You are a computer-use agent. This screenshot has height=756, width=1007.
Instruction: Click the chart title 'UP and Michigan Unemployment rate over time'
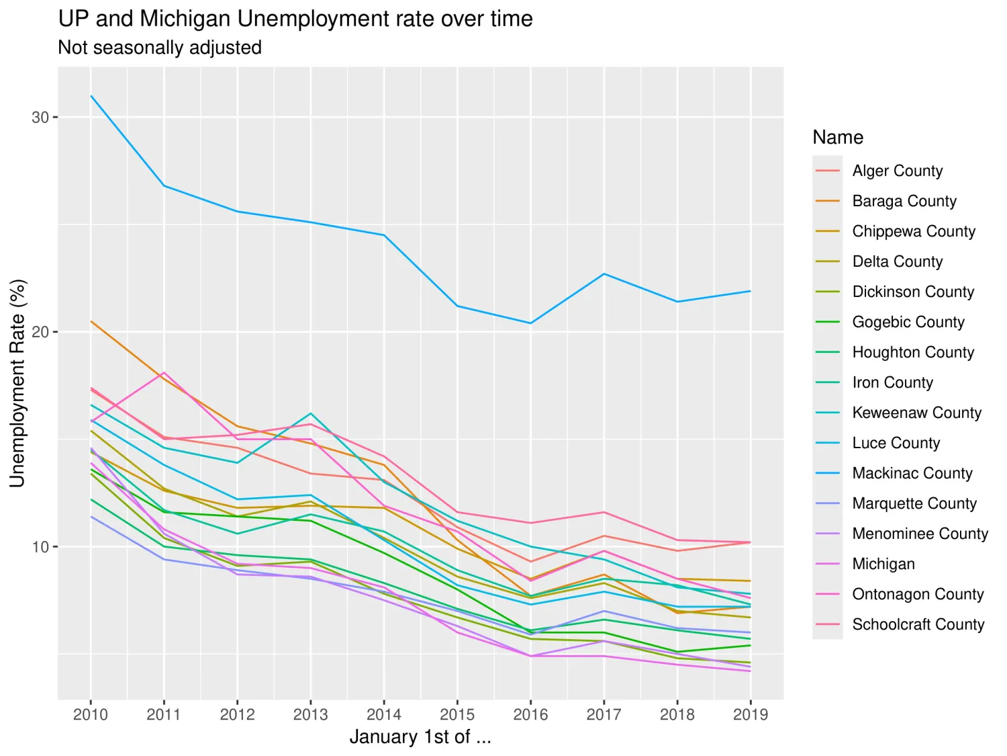(295, 19)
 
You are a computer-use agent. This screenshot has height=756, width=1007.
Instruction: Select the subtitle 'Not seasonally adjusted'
(160, 48)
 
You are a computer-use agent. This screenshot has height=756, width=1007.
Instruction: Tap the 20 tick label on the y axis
(40, 332)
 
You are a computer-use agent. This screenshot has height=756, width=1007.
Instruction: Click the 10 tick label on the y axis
(40, 547)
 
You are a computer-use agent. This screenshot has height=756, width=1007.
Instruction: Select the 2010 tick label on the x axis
(91, 714)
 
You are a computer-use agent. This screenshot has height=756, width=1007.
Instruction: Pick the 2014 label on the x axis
(384, 714)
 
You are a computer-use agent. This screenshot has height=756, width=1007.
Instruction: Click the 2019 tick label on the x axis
(751, 714)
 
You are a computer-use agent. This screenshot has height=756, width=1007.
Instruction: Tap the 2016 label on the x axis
(530, 714)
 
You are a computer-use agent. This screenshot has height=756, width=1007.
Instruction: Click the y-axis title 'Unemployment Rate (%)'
(17, 383)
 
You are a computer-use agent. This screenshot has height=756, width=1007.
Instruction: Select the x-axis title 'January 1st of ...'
(420, 737)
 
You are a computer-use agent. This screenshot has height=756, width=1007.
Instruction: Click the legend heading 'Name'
(838, 137)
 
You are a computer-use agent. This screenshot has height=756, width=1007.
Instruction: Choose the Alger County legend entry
(897, 171)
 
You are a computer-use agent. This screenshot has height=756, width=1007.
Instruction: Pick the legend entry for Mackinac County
(912, 473)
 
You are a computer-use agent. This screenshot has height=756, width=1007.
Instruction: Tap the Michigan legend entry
(883, 564)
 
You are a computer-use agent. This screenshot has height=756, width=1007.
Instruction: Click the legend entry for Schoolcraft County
(918, 624)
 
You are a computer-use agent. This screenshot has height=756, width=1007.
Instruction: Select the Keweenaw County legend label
(916, 413)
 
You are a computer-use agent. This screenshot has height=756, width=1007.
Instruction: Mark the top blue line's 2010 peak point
(91, 96)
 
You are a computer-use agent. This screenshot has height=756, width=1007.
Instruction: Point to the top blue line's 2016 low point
(531, 323)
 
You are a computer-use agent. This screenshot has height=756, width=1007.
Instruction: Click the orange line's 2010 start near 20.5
(91, 321)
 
